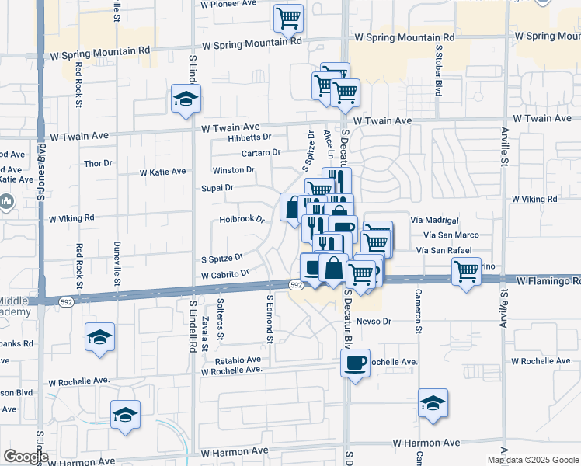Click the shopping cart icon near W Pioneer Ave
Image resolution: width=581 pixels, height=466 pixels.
coord(288,17)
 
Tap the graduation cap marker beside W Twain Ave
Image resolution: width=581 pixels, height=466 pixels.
coord(186,99)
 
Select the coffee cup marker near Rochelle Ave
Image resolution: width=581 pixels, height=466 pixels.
coord(356,363)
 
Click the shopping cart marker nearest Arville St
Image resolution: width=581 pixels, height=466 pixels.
coord(466,272)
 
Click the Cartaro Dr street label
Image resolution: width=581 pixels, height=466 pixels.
coord(260,153)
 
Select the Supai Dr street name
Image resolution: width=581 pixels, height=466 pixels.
coord(218,188)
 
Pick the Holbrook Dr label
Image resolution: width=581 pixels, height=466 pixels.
coord(242,220)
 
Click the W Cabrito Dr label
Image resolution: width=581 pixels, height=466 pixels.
coord(224,274)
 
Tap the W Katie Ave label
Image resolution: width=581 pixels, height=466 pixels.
coord(162,172)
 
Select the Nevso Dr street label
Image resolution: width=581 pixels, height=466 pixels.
coord(374,321)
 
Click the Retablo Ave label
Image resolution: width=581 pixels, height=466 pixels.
coord(238,360)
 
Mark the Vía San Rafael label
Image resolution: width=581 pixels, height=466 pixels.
coord(444,250)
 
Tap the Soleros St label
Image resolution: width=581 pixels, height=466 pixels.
coord(221,319)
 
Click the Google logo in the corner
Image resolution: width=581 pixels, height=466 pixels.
coord(26,457)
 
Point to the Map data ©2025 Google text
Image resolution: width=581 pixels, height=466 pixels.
coord(533,460)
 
